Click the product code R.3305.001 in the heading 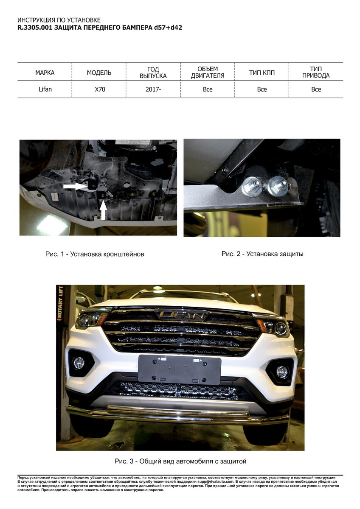[x=35, y=28]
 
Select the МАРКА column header [x=45, y=73]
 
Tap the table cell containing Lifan [x=45, y=89]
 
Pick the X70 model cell [x=100, y=89]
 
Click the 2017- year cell [x=153, y=89]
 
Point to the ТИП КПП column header [x=262, y=73]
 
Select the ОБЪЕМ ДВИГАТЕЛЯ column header [x=208, y=72]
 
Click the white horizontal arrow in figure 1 [x=75, y=186]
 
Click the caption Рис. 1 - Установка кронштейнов [x=95, y=254]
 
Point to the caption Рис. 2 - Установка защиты [x=262, y=254]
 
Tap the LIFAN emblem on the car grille [x=181, y=314]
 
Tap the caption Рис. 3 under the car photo [x=180, y=461]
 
